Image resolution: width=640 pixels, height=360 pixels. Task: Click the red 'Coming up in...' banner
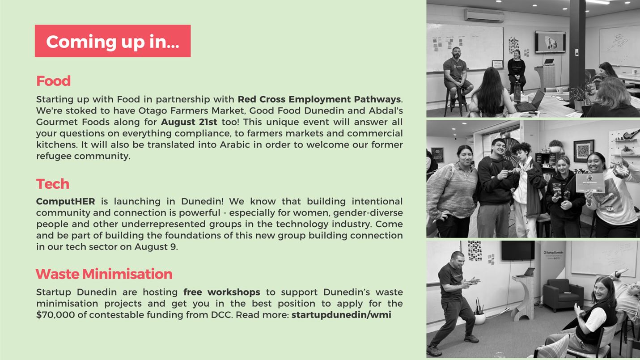tap(113, 41)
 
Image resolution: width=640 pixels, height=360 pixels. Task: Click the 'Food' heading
tap(53, 81)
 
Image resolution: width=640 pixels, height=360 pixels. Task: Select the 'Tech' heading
tap(53, 184)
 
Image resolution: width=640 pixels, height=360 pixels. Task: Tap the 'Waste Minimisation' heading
tap(104, 274)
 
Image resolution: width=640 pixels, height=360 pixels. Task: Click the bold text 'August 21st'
tap(189, 122)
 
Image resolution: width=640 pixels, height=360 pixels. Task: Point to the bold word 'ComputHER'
tap(65, 201)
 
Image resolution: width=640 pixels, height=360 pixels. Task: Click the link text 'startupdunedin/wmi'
tap(341, 314)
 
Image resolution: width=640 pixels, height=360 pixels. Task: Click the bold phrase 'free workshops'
tap(222, 292)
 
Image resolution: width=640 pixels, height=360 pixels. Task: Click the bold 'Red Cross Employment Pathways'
tap(319, 99)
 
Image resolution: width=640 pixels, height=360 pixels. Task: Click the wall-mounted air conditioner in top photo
tap(484, 15)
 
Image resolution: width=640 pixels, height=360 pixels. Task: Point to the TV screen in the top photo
tap(550, 42)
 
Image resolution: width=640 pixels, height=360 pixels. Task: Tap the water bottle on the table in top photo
tap(517, 92)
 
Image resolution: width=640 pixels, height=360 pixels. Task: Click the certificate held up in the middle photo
tap(590, 183)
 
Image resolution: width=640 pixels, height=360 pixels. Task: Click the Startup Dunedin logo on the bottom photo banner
tap(553, 253)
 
